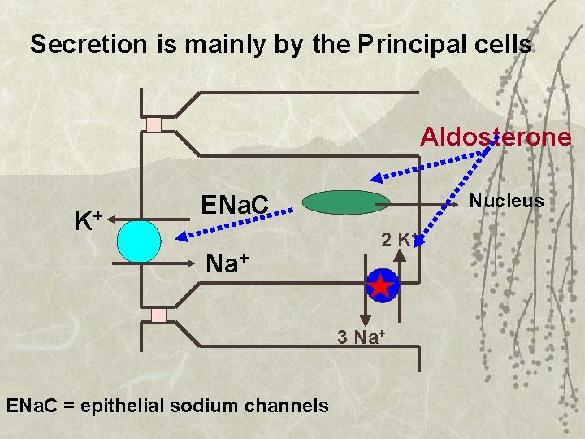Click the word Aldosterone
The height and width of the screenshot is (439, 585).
click(495, 136)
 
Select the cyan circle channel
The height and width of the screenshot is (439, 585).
click(139, 241)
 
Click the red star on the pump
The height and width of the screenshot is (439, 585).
click(380, 286)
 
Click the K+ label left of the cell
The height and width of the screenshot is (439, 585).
click(88, 220)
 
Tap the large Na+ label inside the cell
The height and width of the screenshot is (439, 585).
click(227, 263)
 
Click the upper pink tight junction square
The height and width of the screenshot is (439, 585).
click(154, 124)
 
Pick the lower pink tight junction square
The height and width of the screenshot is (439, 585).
click(158, 315)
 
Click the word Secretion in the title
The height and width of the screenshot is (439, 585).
click(80, 44)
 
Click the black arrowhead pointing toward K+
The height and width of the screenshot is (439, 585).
click(111, 219)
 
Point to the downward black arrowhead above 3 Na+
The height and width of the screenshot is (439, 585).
click(365, 319)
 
